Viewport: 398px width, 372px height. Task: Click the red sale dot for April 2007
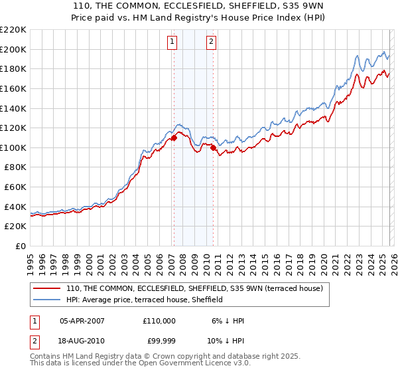tap(174, 138)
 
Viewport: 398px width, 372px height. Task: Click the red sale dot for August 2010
tap(213, 148)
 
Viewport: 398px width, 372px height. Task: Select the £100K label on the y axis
tap(13, 147)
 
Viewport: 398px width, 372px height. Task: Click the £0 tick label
tap(19, 246)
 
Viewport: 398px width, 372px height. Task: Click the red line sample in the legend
tap(47, 289)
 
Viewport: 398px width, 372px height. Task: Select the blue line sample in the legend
tap(47, 300)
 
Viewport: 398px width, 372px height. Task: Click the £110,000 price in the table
tap(159, 321)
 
